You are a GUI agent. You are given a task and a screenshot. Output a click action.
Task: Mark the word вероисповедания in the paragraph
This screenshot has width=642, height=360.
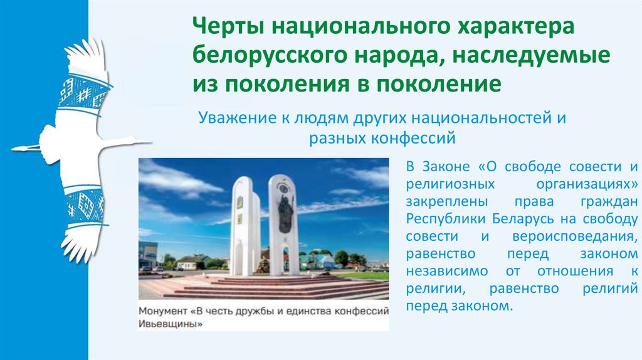[x=589, y=236]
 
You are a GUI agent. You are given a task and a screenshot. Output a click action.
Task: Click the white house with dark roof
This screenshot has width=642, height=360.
[x=189, y=262]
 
